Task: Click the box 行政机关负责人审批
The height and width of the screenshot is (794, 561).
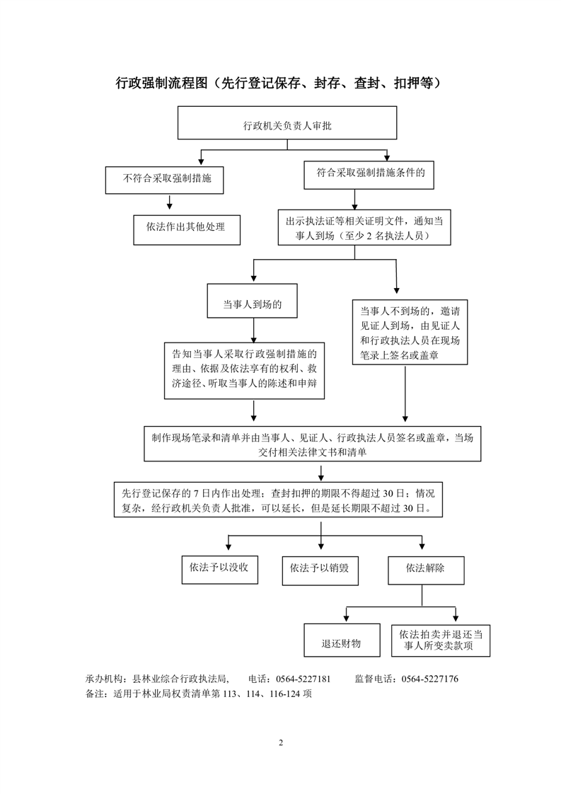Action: [x=287, y=122]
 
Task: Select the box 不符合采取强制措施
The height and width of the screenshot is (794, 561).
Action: [x=165, y=180]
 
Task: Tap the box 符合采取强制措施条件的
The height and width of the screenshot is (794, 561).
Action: [x=369, y=175]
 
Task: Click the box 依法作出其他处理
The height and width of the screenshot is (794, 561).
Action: [x=187, y=230]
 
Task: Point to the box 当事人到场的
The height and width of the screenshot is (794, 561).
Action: [x=252, y=301]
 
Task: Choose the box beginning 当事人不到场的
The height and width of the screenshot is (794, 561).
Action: [x=410, y=332]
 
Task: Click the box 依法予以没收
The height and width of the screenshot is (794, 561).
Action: [x=220, y=570]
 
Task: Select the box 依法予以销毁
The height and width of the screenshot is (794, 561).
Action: [x=320, y=570]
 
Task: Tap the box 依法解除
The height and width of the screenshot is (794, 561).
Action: [x=426, y=570]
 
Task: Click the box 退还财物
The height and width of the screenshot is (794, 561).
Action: [x=342, y=640]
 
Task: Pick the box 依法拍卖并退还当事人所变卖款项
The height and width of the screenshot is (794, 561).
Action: [x=441, y=640]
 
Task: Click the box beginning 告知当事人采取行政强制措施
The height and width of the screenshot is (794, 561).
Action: [x=245, y=371]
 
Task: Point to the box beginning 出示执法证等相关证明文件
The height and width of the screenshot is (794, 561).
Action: [x=364, y=227]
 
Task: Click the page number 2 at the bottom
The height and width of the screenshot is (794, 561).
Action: [x=281, y=743]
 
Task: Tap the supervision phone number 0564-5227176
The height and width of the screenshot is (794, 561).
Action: [x=430, y=679]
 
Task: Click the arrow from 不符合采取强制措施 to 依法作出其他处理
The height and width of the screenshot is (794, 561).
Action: [x=170, y=202]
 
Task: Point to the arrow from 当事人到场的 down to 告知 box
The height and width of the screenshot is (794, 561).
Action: [x=254, y=330]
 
